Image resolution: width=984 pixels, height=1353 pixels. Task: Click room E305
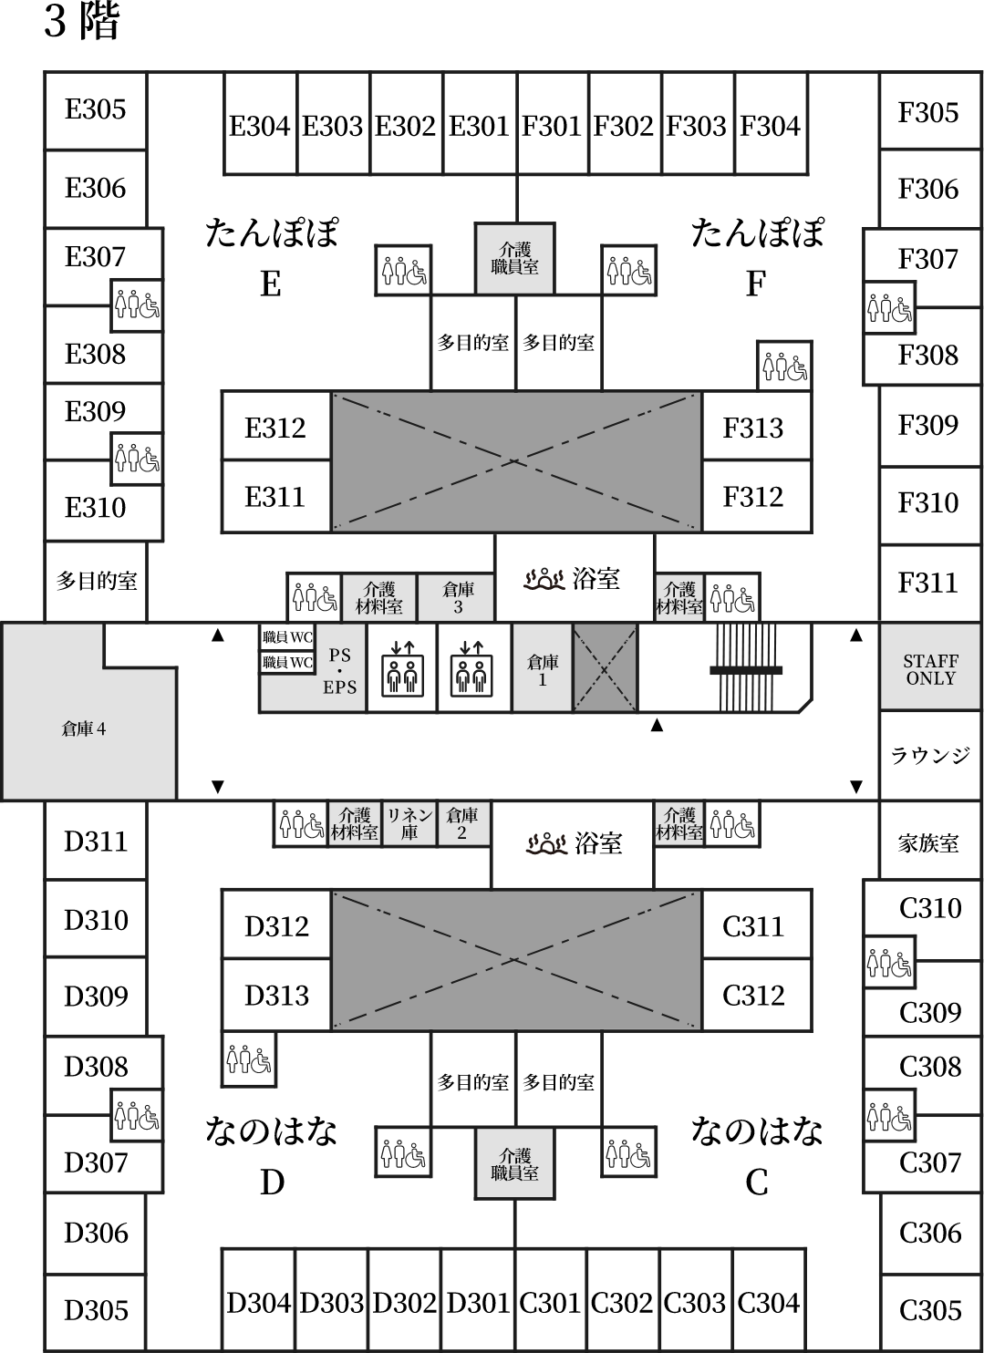(96, 110)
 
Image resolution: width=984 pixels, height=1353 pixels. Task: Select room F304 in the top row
(771, 124)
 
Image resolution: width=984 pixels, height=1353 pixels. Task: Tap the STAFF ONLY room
(930, 666)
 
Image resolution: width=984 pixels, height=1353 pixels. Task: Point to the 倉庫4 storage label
(83, 729)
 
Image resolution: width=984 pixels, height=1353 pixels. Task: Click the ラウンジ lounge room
(930, 756)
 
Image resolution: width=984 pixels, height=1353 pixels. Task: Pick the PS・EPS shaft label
(339, 671)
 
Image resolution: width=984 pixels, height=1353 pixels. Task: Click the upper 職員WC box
(287, 637)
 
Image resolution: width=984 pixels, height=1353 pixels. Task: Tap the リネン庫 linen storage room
(409, 824)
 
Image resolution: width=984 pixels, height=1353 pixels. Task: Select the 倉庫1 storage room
(543, 668)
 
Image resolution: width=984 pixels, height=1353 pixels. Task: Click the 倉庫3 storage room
(456, 597)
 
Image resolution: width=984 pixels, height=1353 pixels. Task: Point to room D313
(276, 995)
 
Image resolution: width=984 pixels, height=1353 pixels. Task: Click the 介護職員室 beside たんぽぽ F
(514, 259)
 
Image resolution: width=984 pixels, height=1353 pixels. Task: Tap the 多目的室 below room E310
(96, 581)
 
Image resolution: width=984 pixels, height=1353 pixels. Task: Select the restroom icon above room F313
(784, 366)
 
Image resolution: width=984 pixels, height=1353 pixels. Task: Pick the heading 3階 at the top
(81, 21)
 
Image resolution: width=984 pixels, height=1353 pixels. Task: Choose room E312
(276, 427)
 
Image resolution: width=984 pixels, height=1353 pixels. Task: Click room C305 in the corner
(930, 1311)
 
